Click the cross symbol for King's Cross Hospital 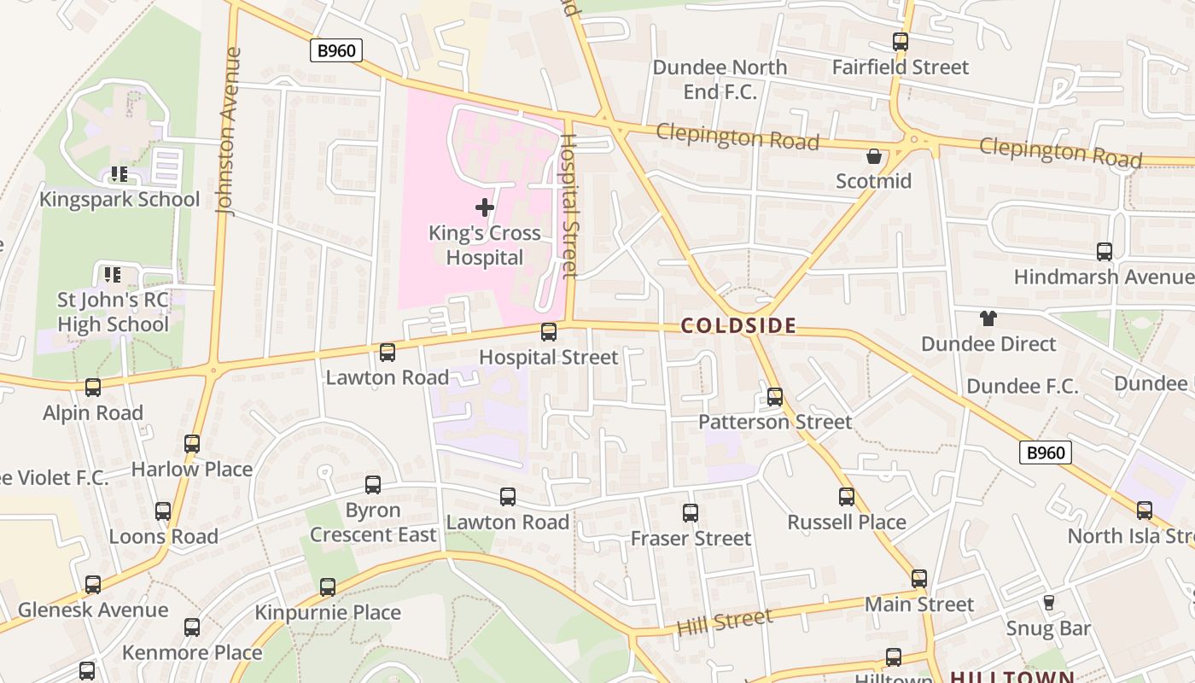(485, 207)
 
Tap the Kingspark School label (119, 200)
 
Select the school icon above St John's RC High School (112, 275)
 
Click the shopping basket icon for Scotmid (874, 156)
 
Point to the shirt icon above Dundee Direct (988, 319)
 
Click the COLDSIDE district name (738, 325)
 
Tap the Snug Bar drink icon (1048, 603)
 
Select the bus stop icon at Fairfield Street (900, 42)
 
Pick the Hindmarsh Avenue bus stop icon (1104, 252)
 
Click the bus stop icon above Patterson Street (775, 397)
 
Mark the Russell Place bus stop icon (846, 497)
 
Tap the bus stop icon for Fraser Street (691, 513)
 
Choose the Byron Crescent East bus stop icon (373, 485)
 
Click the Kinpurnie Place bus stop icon (328, 587)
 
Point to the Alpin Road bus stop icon (93, 388)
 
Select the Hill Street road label (724, 621)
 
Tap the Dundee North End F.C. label (720, 79)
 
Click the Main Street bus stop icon (918, 579)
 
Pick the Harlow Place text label (192, 470)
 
